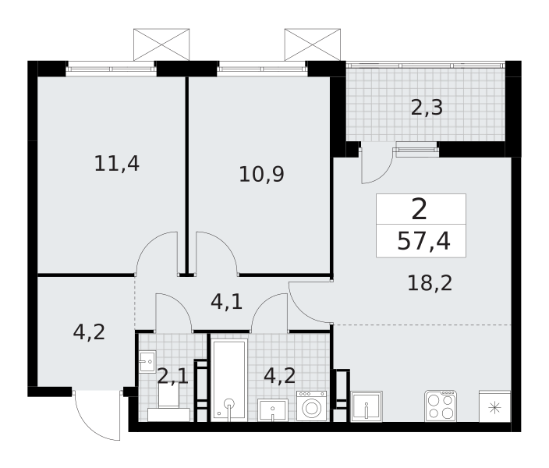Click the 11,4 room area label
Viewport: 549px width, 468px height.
pyautogui.click(x=117, y=164)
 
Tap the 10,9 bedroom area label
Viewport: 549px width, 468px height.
pyautogui.click(x=261, y=175)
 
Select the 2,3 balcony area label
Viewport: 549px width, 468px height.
pyautogui.click(x=427, y=108)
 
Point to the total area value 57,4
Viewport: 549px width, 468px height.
pyautogui.click(x=423, y=241)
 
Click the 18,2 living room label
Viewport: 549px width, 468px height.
pyautogui.click(x=430, y=283)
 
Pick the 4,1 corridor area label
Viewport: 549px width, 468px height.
pyautogui.click(x=226, y=302)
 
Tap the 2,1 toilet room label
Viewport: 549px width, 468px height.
pyautogui.click(x=173, y=376)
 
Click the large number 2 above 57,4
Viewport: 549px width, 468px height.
pyautogui.click(x=420, y=209)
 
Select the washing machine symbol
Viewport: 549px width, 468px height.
pyautogui.click(x=311, y=406)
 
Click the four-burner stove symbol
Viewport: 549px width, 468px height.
pyautogui.click(x=441, y=406)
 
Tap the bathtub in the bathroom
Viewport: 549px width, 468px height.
pyautogui.click(x=229, y=380)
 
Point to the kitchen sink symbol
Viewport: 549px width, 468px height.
pyautogui.click(x=367, y=406)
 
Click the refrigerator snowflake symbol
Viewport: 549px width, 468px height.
pyautogui.click(x=494, y=408)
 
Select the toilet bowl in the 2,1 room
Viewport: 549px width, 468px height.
pyautogui.click(x=168, y=402)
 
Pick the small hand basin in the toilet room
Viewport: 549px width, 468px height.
pyautogui.click(x=147, y=361)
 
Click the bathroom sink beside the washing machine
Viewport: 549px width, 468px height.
pyautogui.click(x=273, y=409)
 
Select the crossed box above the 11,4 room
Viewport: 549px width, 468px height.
pyautogui.click(x=161, y=44)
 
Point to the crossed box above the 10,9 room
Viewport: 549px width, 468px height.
pyautogui.click(x=312, y=44)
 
